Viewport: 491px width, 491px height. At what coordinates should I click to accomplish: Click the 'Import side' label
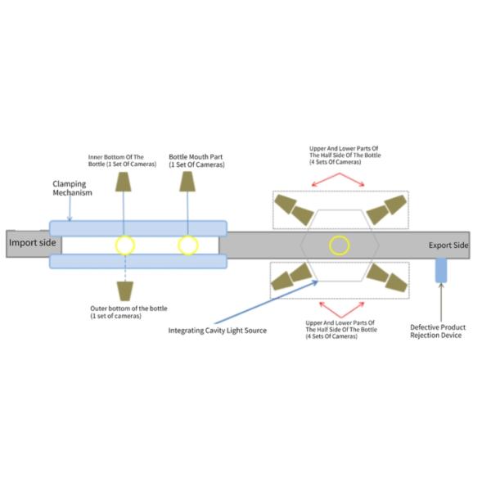[31, 243]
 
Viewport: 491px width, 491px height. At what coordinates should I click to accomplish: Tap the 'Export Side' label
[449, 245]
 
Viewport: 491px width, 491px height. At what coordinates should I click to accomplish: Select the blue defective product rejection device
[440, 270]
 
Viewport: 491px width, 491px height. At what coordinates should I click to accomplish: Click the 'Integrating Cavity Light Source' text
[218, 331]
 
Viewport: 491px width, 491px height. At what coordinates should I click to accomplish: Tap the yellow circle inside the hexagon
[340, 244]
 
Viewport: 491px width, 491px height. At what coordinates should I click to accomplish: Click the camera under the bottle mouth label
[187, 182]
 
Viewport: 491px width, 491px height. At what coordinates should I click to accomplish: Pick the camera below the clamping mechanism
[124, 291]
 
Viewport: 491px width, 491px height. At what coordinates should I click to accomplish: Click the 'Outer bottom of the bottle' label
[128, 312]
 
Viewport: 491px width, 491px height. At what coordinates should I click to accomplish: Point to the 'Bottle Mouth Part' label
[196, 160]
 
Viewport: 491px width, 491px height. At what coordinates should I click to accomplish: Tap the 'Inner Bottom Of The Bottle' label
[122, 160]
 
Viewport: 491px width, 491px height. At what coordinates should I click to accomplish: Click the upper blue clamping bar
[138, 227]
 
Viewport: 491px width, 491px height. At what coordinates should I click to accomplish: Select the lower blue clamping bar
[138, 261]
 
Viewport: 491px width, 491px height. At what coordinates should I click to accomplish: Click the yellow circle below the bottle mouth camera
[187, 245]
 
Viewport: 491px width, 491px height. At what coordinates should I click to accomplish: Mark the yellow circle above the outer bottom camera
[124, 245]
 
